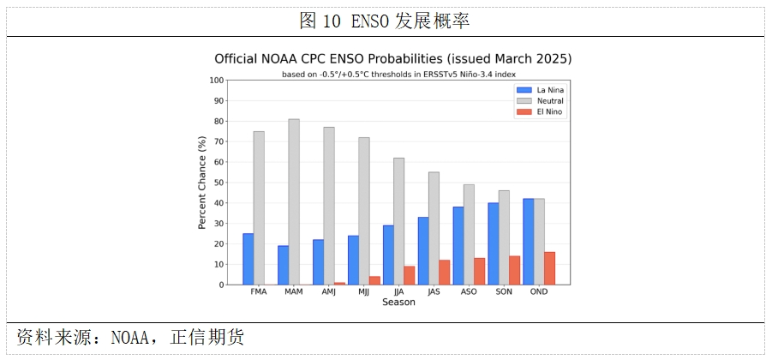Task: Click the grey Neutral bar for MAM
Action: tap(294, 202)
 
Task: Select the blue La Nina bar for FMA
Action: tap(248, 259)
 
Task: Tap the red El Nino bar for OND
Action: tap(549, 268)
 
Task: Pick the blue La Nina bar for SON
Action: tap(494, 243)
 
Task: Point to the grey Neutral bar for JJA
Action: tap(399, 221)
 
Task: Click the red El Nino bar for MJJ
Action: tap(374, 280)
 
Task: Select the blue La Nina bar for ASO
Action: tap(458, 246)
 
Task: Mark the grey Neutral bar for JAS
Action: tap(434, 229)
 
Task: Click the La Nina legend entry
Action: tap(540, 90)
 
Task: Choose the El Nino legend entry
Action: tap(539, 111)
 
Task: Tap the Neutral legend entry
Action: tap(540, 101)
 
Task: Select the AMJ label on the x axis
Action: tap(328, 291)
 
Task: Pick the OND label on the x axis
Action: tap(539, 291)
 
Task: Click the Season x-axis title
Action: tap(398, 302)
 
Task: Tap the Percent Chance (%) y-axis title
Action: tap(202, 183)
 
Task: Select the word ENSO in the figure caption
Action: tap(371, 21)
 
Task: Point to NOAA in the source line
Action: tap(129, 338)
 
